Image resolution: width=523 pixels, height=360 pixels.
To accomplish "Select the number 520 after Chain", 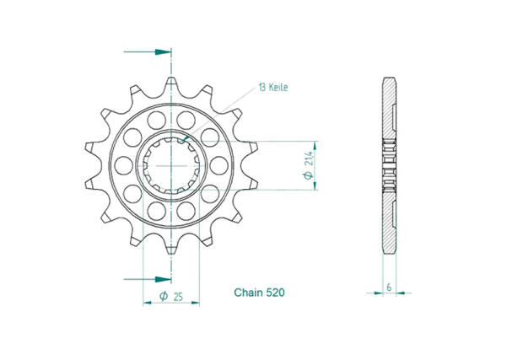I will pyautogui.click(x=274, y=293).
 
